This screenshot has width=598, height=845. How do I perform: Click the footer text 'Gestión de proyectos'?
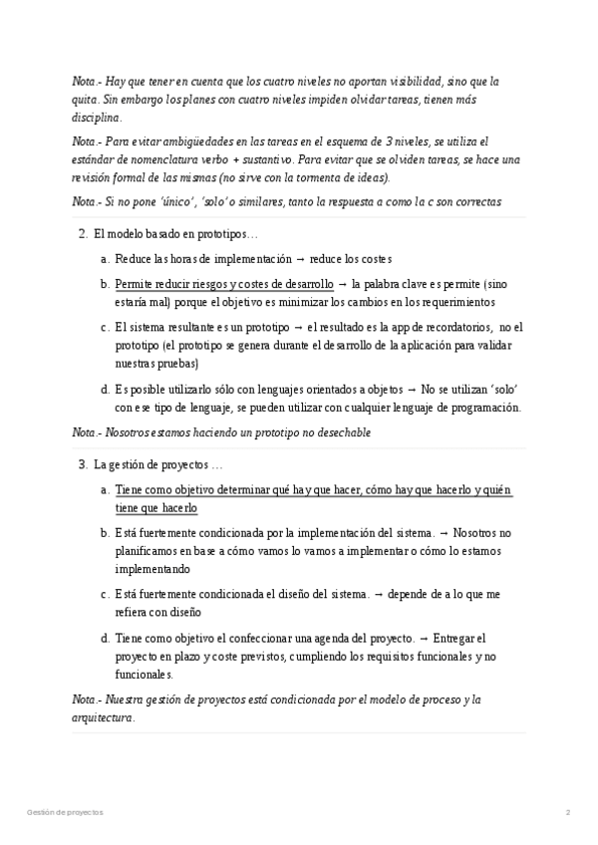click(x=64, y=812)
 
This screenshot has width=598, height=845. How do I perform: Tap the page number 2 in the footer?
click(x=567, y=812)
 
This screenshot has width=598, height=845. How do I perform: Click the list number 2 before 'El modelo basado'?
click(x=82, y=234)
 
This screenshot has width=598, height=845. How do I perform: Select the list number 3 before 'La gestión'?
click(x=82, y=464)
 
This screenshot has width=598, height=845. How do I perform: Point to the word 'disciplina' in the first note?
click(x=97, y=118)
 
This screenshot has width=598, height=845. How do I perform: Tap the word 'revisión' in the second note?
click(x=93, y=177)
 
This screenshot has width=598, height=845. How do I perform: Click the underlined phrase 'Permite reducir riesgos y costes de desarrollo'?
click(x=224, y=284)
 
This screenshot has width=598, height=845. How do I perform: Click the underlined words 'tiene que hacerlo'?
click(x=155, y=508)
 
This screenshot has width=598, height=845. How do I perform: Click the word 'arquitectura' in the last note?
click(x=102, y=717)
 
